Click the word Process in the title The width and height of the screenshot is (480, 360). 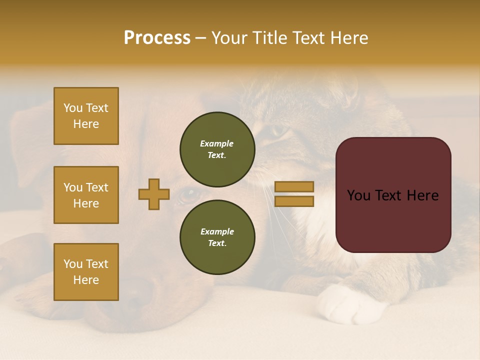pos(157,38)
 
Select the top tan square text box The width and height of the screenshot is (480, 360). pos(86,116)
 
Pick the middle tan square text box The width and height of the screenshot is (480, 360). pos(86,195)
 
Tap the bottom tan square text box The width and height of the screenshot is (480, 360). pos(86,272)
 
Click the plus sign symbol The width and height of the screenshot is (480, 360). pos(154,194)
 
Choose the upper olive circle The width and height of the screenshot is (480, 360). pos(217,149)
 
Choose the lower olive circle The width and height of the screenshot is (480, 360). pos(217,237)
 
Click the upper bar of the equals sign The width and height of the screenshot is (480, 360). pos(294,187)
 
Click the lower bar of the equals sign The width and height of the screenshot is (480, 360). pos(294,201)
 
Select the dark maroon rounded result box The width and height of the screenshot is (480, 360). pos(393,195)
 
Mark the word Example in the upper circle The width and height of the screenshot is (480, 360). pos(217,143)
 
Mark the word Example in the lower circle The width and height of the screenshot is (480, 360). pos(217,231)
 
